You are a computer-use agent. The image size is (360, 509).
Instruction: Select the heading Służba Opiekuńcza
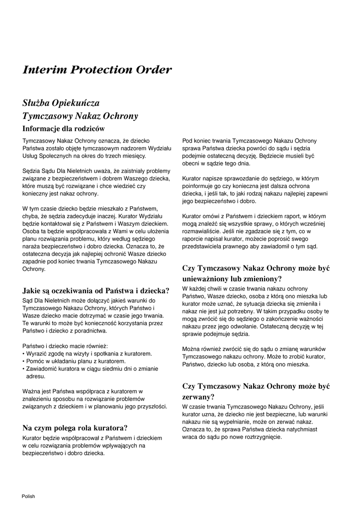(61, 103)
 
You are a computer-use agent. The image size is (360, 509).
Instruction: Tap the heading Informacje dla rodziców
(64, 129)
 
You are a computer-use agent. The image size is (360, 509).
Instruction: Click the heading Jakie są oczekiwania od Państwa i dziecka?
(96, 291)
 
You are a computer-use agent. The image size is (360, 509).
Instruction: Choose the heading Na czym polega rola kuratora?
(75, 427)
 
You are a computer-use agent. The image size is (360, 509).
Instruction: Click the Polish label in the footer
(28, 496)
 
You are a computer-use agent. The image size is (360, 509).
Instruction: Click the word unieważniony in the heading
(209, 278)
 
